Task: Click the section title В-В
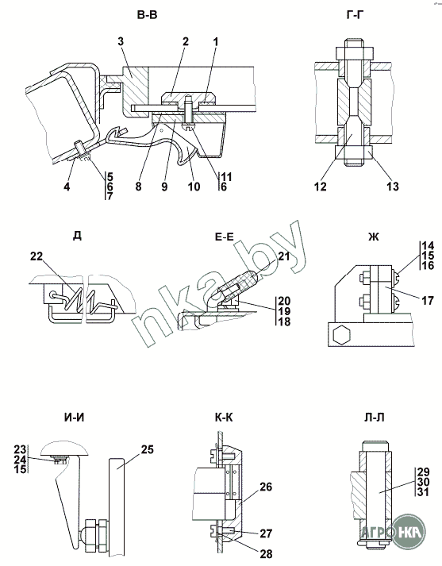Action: tap(148, 15)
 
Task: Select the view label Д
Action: tap(77, 235)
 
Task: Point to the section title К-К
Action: tap(224, 418)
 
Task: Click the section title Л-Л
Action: tap(375, 418)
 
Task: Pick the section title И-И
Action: tap(75, 418)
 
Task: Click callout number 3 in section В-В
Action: tap(121, 41)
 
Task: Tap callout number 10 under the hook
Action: tap(194, 187)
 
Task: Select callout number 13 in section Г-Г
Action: tap(393, 187)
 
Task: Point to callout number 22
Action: tap(37, 256)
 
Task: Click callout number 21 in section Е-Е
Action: tap(284, 256)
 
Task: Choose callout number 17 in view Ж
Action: tap(428, 300)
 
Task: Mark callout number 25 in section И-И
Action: tap(148, 449)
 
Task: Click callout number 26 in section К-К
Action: tap(266, 487)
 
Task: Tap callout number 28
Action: tap(266, 554)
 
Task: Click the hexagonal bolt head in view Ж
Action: tap(340, 335)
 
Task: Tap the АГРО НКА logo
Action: tap(393, 531)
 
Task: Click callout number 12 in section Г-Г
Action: tap(320, 187)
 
